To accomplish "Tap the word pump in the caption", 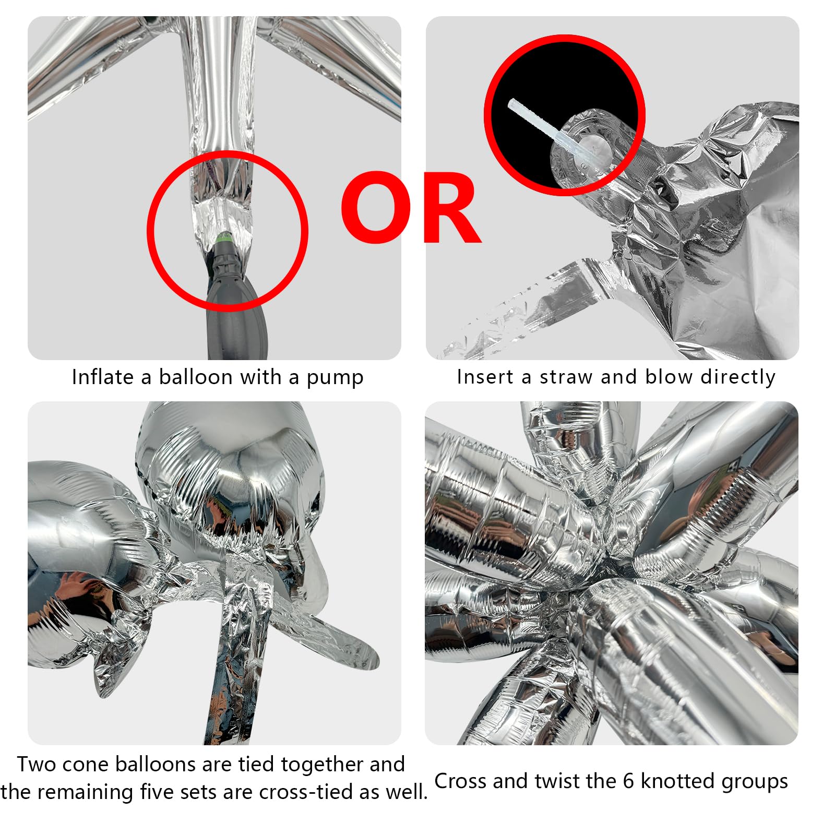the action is (335, 378).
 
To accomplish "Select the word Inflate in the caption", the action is (103, 376).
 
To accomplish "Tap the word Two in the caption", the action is (35, 764).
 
